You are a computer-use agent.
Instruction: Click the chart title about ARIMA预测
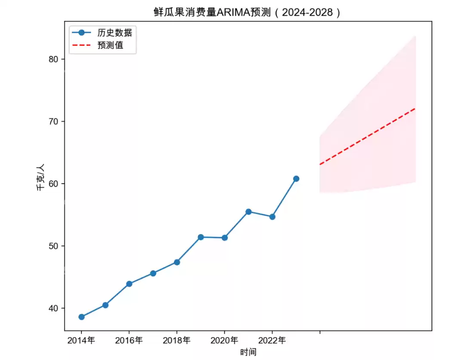(247, 12)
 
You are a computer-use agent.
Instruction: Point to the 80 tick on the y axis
(53, 59)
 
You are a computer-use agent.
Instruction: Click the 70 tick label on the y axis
(53, 121)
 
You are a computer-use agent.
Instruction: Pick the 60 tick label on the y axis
(53, 184)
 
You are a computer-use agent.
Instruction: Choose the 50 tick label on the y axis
(53, 246)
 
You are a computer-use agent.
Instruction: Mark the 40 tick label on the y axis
(53, 308)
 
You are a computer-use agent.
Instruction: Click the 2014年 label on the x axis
(81, 341)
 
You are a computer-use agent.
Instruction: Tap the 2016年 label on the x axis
(129, 341)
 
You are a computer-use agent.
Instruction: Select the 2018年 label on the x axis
(177, 341)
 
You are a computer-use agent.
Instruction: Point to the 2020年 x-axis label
(224, 341)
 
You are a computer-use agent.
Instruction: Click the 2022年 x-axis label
(272, 341)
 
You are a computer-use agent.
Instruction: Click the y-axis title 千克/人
(40, 177)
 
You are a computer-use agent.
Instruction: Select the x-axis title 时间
(248, 352)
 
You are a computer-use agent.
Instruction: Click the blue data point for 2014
(81, 317)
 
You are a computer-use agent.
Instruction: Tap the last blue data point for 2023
(296, 178)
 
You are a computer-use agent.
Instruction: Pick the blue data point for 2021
(248, 212)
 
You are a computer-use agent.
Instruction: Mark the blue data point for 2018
(177, 262)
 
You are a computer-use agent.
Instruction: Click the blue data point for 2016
(129, 284)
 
